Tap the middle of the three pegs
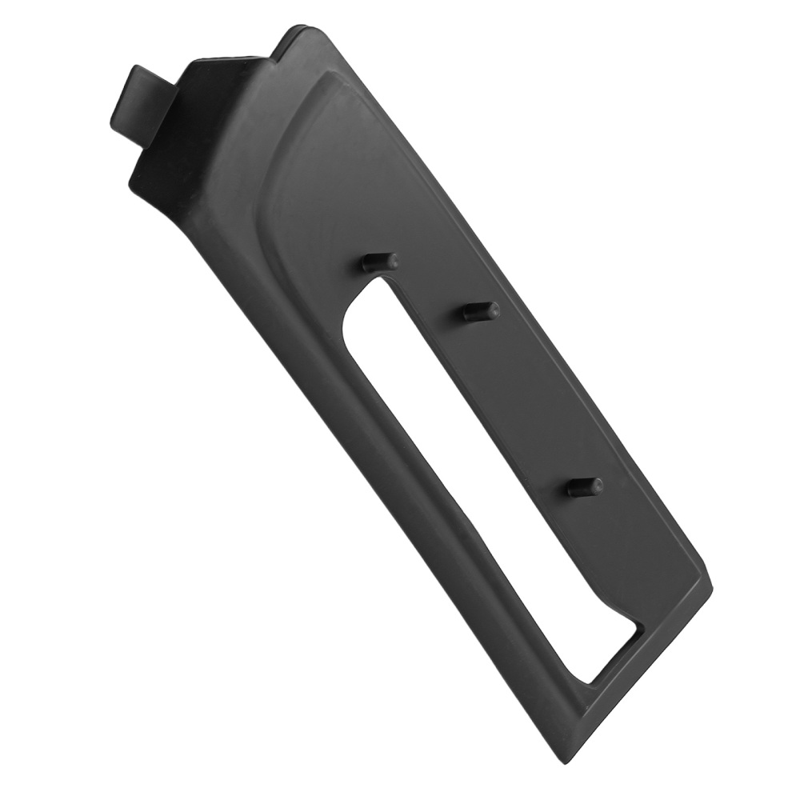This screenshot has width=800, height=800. tap(482, 311)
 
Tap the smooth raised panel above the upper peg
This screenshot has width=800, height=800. tap(360, 160)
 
